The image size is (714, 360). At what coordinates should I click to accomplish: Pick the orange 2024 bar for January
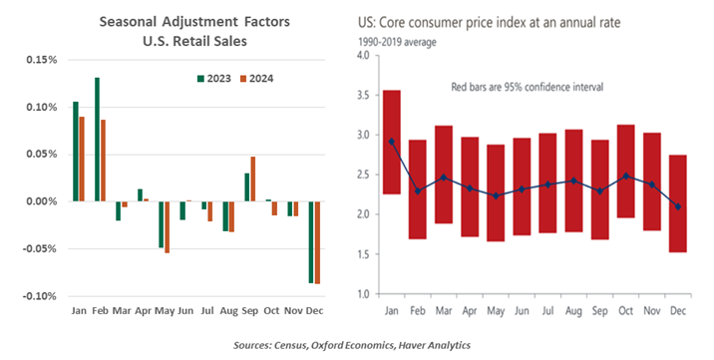(81, 159)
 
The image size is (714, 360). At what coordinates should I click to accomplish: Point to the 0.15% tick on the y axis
(39, 60)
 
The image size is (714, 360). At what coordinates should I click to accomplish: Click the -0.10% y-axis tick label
(38, 296)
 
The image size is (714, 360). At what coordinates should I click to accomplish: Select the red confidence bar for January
(392, 143)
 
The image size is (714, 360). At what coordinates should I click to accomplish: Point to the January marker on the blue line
(392, 142)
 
